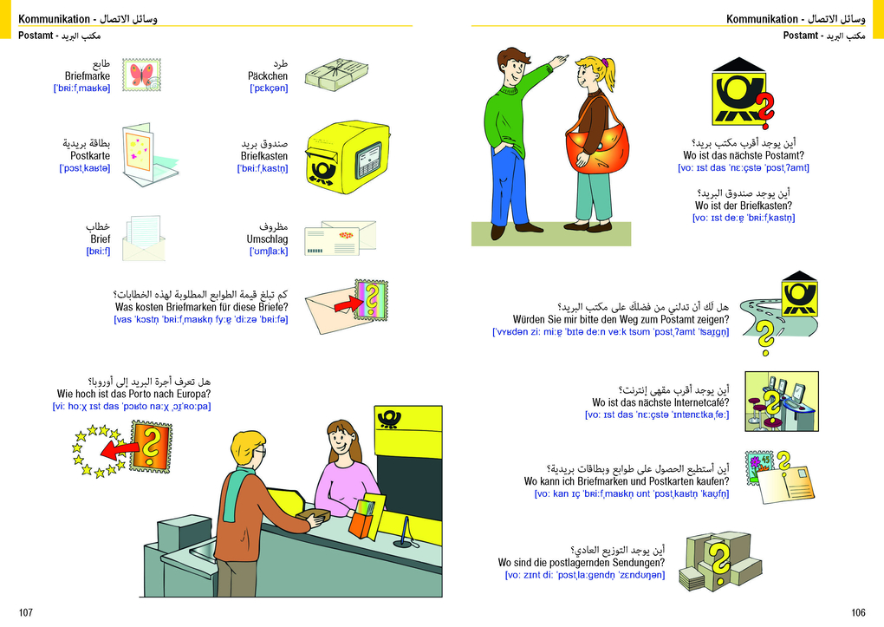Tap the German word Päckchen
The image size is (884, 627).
pos(267,76)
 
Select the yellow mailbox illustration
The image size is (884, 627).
pos(348,156)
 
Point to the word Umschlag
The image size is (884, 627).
pos(267,239)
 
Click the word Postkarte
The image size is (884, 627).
pos(89,156)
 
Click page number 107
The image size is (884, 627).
pos(26,612)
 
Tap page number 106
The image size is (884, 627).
pos(858,612)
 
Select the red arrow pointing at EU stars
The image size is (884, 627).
pos(119,450)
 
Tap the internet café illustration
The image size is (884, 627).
pos(782,402)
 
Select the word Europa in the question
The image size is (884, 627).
pos(193,394)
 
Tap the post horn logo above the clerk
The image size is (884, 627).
pos(389,420)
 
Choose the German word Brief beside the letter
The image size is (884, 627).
pos(101,238)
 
